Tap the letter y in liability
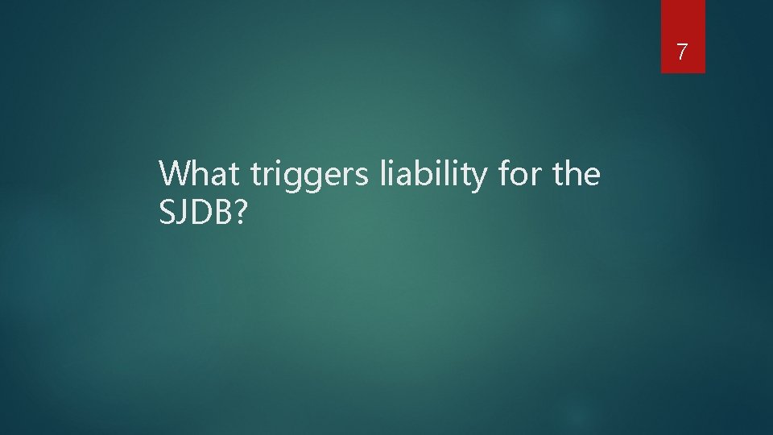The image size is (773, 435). click(476, 179)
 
